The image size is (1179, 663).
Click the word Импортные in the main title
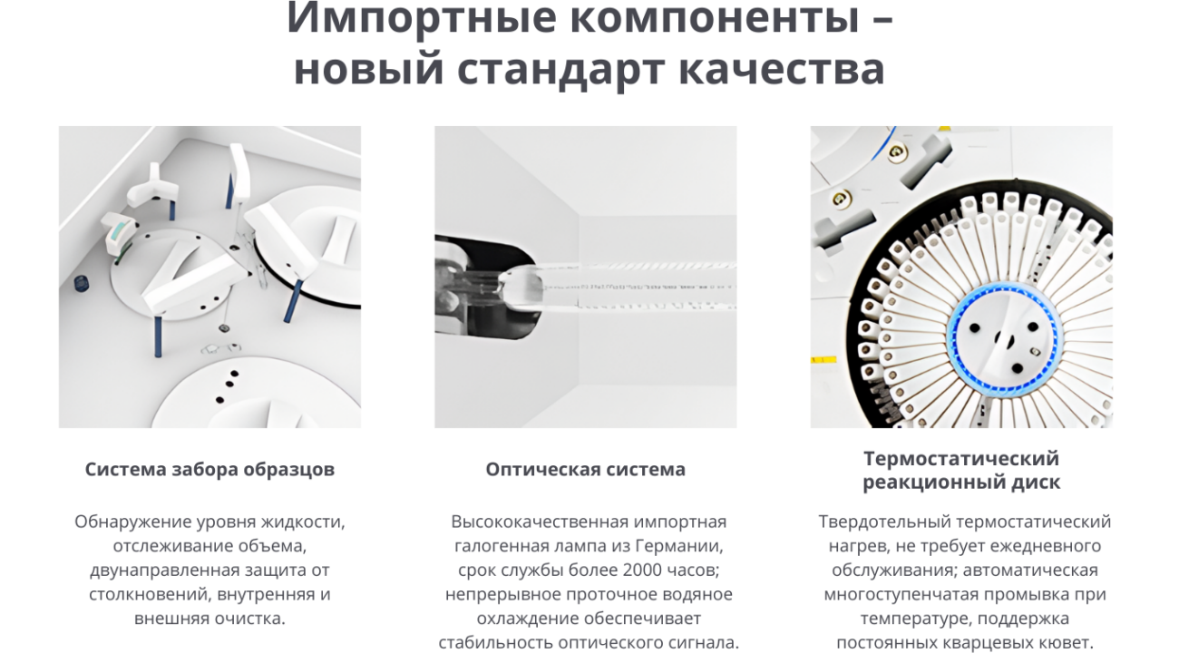coord(421,17)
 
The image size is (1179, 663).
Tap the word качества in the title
coord(782,70)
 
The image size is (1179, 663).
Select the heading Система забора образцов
coord(210,469)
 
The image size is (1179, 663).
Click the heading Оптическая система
coord(585,469)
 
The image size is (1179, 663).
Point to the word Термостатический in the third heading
coord(961,458)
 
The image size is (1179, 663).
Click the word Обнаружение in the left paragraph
coord(133,522)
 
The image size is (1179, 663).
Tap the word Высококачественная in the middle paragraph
coord(540,522)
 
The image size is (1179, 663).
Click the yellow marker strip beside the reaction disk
coord(823,360)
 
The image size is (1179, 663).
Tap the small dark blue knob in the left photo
coord(81,283)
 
